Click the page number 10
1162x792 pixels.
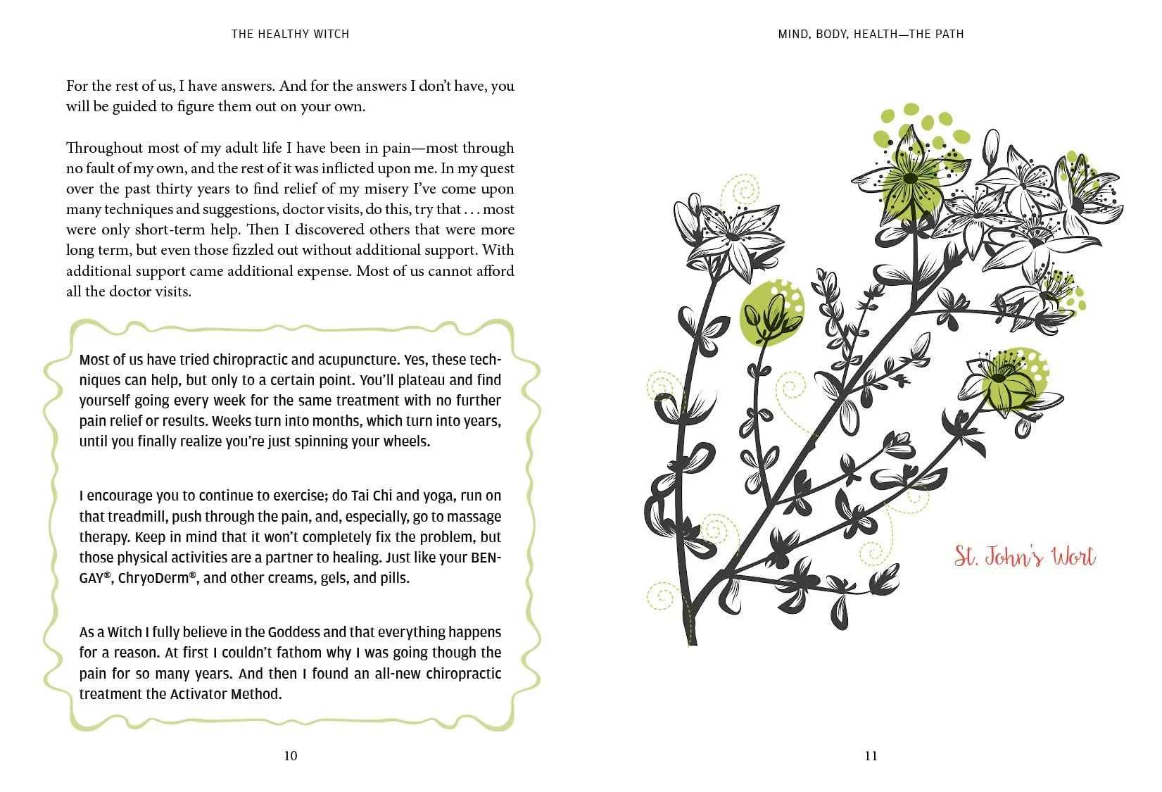pos(290,756)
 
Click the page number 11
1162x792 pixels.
pos(871,756)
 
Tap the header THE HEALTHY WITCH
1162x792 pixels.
pos(290,34)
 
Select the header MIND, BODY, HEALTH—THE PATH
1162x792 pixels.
pos(871,34)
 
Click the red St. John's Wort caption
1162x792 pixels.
pos(1024,557)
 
